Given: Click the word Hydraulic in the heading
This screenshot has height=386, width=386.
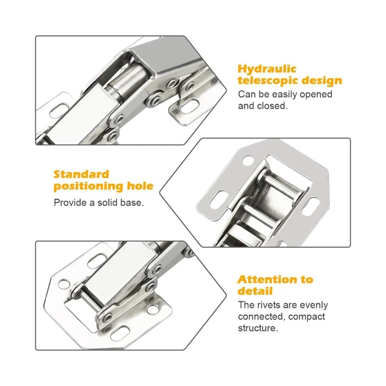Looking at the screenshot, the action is [267, 69].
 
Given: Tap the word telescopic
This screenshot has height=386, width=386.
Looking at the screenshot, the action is [268, 80].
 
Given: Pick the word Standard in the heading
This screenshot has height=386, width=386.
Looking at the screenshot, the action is [82, 174].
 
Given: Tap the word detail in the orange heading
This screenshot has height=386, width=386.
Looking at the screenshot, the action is [255, 291].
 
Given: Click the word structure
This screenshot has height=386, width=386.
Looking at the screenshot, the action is [258, 328].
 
